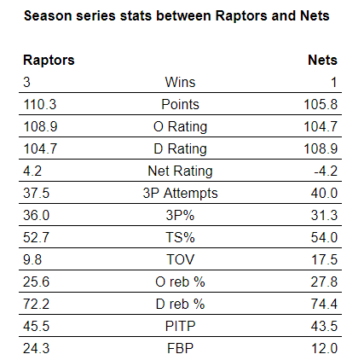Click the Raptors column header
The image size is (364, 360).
49,61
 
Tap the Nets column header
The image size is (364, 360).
322,61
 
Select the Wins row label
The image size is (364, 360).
180,82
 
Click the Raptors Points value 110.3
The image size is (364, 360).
40,104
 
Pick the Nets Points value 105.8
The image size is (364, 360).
321,104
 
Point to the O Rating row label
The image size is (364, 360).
180,126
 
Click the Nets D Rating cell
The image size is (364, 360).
321,148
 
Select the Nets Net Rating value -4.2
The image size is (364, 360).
326,171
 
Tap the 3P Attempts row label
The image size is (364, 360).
180,193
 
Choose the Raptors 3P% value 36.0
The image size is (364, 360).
37,215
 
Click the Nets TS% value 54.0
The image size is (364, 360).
324,237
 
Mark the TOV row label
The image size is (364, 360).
180,259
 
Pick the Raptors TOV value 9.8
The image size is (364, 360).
32,259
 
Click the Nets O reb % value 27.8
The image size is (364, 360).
324,282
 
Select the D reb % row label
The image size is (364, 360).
180,304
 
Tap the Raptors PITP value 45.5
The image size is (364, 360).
37,326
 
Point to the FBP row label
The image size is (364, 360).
180,348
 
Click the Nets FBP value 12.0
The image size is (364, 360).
324,348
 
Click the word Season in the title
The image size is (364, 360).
48,15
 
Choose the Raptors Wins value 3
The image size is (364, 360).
26,82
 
